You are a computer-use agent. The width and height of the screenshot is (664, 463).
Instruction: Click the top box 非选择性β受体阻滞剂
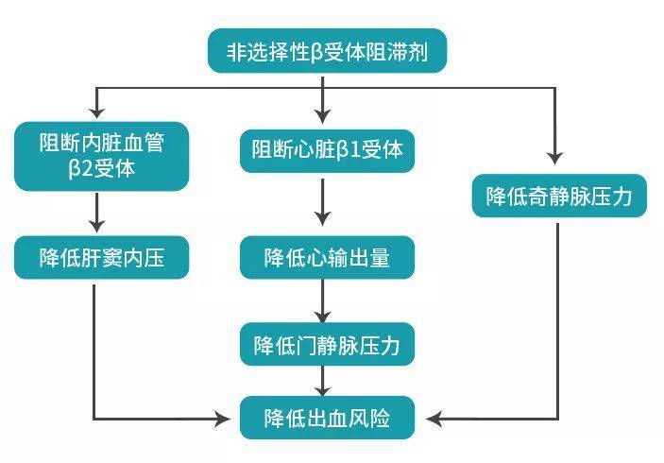[326, 51]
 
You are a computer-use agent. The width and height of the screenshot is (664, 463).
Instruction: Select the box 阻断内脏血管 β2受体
[102, 156]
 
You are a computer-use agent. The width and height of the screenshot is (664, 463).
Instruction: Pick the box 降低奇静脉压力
[559, 196]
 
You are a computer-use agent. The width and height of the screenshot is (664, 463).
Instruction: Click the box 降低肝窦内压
[101, 257]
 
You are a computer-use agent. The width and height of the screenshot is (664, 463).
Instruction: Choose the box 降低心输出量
[327, 257]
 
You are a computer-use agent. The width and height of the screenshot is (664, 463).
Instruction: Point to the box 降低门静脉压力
[327, 345]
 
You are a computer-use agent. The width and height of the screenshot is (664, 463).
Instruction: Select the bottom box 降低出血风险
[327, 417]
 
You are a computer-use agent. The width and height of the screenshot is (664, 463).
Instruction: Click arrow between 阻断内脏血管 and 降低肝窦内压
[95, 212]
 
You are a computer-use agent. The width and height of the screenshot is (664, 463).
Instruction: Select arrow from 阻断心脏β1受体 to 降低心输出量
[325, 203]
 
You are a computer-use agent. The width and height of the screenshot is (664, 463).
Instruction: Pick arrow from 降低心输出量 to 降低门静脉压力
[325, 302]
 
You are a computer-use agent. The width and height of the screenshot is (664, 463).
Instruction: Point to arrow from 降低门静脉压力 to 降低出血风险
[325, 381]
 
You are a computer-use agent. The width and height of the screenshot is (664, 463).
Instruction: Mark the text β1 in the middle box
[355, 150]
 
